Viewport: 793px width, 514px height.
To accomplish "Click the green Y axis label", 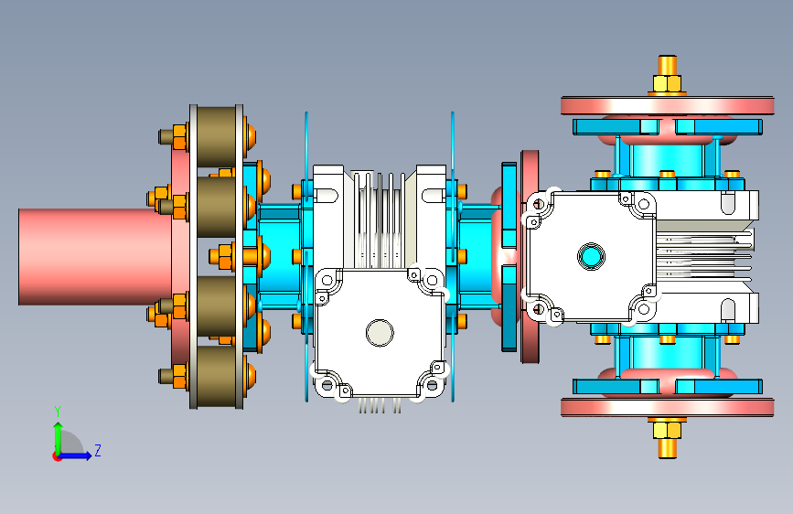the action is (x=58, y=412).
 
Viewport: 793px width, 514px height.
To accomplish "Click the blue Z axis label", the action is (x=98, y=450).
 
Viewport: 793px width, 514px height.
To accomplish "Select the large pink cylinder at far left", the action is (x=94, y=257).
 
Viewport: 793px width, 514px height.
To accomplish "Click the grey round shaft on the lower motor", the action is (x=380, y=333).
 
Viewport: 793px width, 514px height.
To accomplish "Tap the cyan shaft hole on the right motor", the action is (x=591, y=256).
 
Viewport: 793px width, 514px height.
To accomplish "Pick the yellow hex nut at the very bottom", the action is (x=667, y=430).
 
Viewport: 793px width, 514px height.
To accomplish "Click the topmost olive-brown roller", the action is (x=217, y=136).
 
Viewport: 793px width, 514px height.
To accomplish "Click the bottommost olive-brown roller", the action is (x=217, y=377).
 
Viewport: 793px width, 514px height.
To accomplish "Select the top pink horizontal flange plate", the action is (x=667, y=106).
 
